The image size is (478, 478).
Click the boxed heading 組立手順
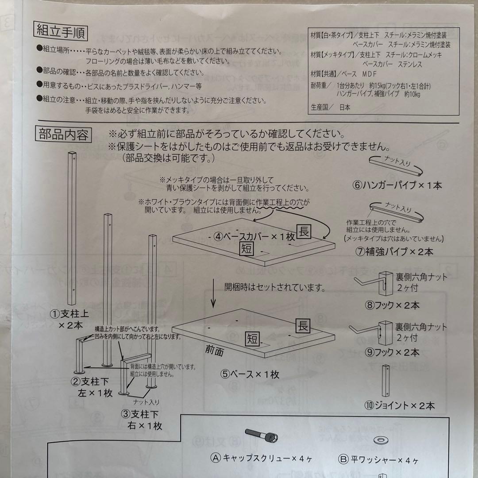point(61,32)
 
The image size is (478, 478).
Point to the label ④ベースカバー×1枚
point(254,236)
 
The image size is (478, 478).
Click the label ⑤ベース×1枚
point(250,374)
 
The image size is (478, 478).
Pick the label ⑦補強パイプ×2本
point(395,252)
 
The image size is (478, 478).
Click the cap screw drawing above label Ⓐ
point(260,438)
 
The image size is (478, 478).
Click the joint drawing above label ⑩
point(385,381)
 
